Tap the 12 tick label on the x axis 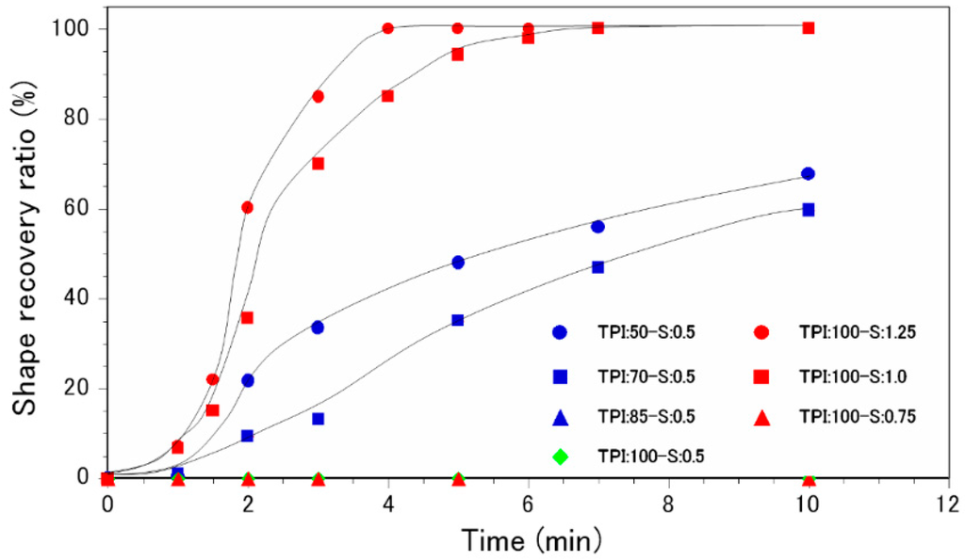947,504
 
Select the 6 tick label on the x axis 528,504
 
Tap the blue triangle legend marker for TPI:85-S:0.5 560,415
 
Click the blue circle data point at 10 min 808,174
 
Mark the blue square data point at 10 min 808,210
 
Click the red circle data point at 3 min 319,96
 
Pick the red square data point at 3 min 319,164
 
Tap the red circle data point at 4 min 388,28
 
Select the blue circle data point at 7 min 597,227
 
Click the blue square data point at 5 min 458,320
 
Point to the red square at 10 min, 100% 808,28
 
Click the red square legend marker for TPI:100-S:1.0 761,376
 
